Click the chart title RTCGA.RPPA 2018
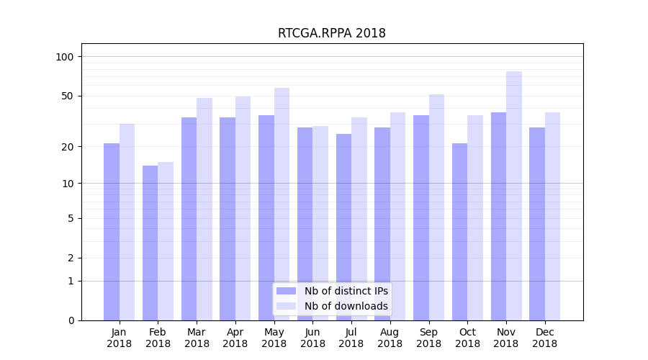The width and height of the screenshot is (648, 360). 331,33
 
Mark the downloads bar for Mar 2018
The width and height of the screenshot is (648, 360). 204,209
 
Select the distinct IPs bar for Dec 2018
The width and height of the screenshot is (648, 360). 537,224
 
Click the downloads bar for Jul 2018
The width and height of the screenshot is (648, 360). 359,219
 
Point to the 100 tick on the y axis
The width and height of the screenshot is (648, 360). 65,57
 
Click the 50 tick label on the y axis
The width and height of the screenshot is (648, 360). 68,96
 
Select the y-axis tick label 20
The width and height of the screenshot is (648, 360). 68,147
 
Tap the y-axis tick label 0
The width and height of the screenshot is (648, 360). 71,320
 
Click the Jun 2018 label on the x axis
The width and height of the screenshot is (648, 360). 312,338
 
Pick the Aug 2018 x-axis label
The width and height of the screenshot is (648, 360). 390,338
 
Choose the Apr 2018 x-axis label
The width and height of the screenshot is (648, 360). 235,338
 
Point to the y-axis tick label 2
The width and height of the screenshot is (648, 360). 71,258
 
